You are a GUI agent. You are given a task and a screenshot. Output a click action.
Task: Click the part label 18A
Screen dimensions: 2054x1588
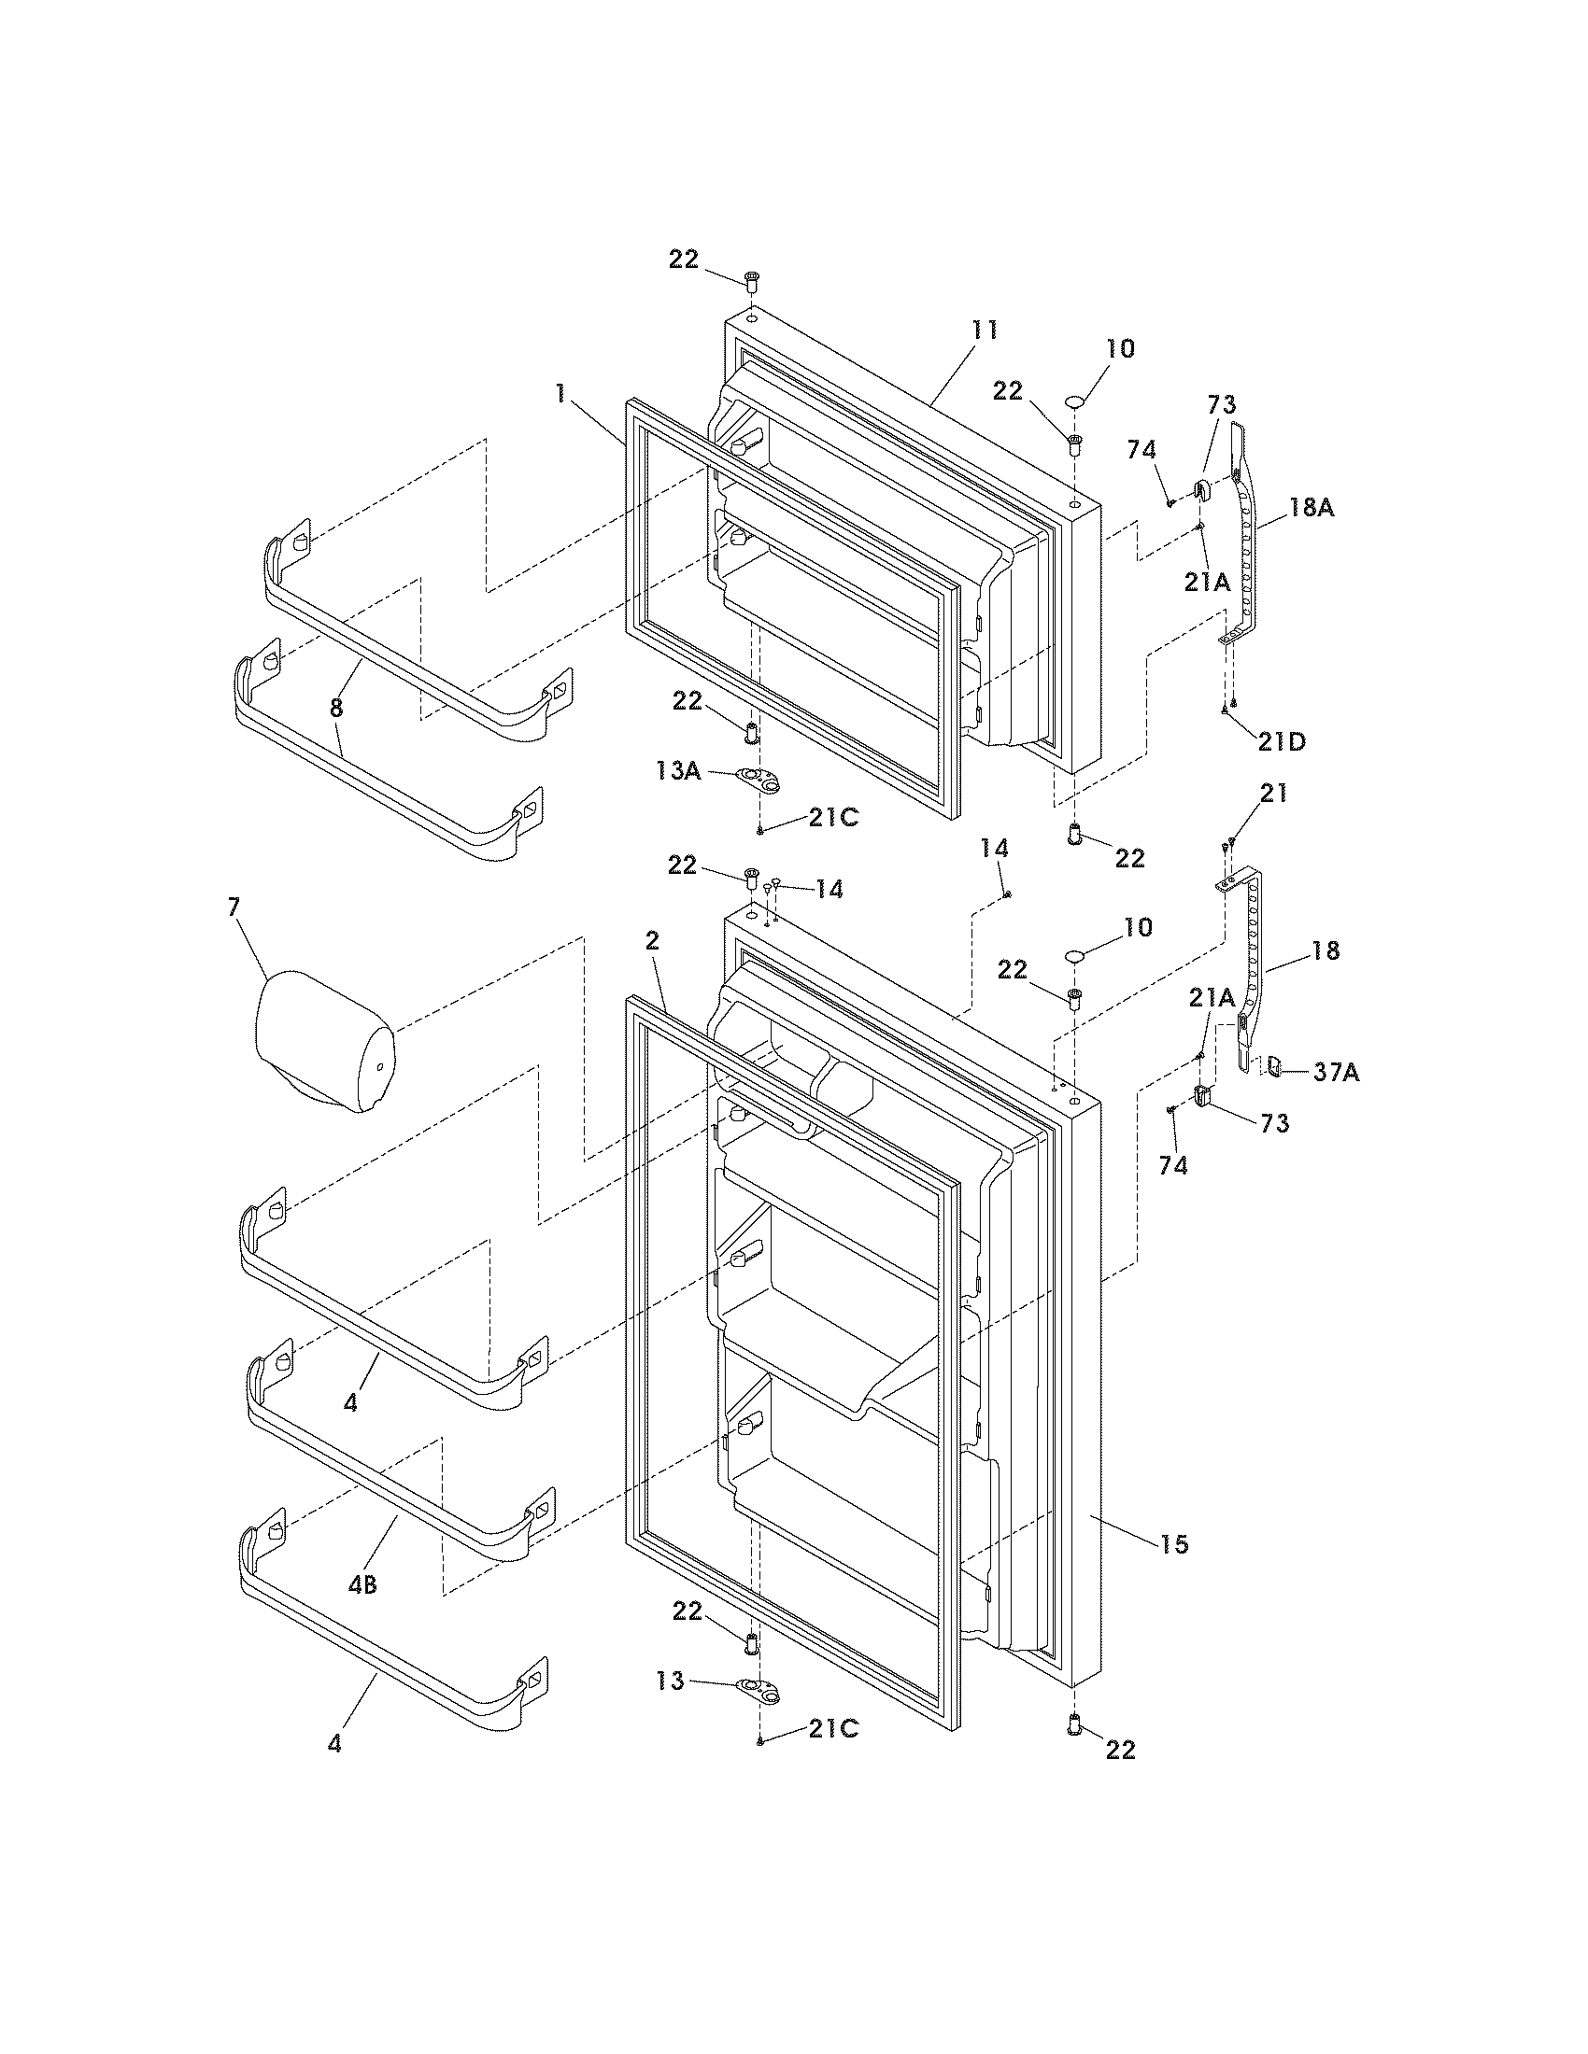(x=1312, y=508)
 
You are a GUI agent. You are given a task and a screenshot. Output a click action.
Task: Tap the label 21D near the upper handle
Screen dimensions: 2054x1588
(x=1283, y=741)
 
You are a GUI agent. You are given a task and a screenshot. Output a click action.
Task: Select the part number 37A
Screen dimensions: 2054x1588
(x=1336, y=1072)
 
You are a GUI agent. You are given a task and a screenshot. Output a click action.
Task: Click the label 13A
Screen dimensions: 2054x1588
(x=678, y=772)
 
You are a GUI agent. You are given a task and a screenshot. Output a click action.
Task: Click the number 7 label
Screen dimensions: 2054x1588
(x=234, y=907)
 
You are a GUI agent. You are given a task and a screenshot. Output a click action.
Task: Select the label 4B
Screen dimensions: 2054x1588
(x=362, y=1585)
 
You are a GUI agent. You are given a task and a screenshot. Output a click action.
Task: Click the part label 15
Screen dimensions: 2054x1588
(x=1175, y=1543)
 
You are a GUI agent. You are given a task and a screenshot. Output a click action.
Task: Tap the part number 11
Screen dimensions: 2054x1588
(x=984, y=331)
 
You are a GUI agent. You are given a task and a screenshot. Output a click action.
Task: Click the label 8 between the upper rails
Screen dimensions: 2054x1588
(x=336, y=707)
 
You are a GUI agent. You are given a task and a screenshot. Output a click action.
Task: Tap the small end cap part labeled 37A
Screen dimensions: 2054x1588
(x=1274, y=1066)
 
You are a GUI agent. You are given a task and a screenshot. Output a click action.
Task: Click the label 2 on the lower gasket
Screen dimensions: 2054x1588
(x=653, y=940)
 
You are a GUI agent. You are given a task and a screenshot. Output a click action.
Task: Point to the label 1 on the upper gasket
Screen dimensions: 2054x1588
(x=561, y=394)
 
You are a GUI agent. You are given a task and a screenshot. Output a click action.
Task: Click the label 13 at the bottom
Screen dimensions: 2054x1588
(x=671, y=1681)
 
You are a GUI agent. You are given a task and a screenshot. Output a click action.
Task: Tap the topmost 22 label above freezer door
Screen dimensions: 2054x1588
(x=684, y=259)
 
